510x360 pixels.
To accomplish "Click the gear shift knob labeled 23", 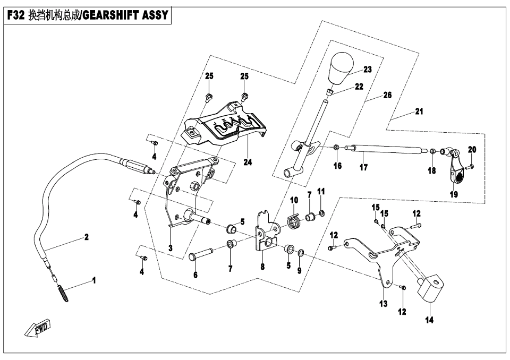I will click(342, 68).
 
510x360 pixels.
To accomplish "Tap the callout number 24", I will click(248, 162).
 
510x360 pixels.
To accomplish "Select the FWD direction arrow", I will click(37, 330).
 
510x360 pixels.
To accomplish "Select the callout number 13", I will click(384, 304).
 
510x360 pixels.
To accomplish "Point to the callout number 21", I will click(419, 112).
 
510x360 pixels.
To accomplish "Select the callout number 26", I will click(387, 96).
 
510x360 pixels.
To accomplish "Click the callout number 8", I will click(262, 267).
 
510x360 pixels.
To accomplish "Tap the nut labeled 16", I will click(337, 147).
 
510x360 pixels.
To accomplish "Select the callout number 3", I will click(170, 248).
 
